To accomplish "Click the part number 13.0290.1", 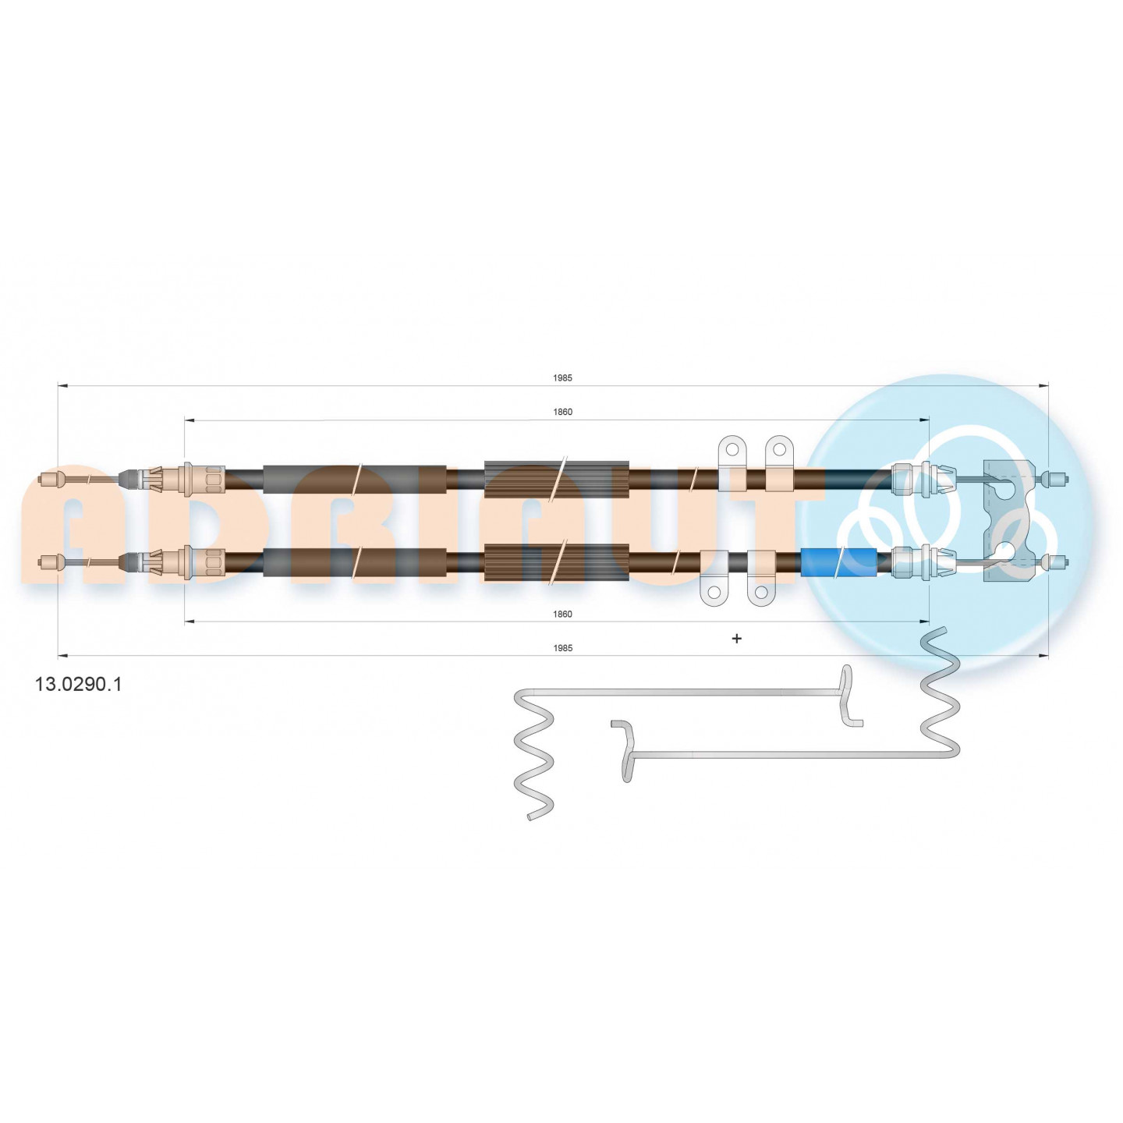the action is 79,684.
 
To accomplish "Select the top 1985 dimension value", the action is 562,377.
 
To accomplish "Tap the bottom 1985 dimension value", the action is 562,648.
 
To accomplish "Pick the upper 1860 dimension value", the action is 562,412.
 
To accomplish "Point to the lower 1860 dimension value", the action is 562,614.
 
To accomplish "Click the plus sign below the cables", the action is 737,639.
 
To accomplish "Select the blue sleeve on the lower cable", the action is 839,563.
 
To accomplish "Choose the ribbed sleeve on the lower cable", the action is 557,563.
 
